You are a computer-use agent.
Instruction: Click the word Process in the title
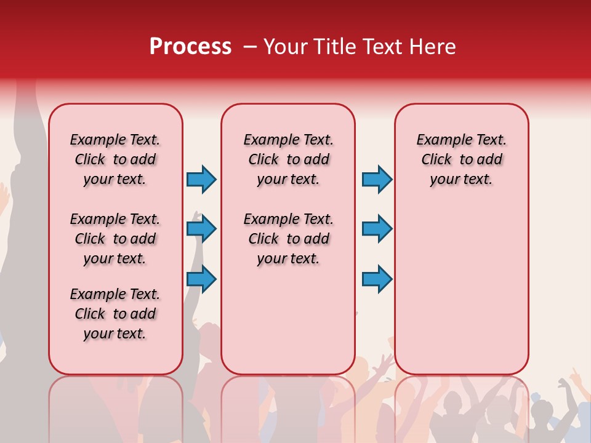click(x=190, y=47)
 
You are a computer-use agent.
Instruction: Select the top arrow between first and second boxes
click(x=201, y=179)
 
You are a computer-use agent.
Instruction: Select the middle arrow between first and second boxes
click(x=201, y=229)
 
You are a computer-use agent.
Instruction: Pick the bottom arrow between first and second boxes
click(x=201, y=279)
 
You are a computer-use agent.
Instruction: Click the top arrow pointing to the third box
click(x=377, y=179)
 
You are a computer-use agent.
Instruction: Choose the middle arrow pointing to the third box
click(x=377, y=229)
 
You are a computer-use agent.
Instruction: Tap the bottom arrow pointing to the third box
click(x=377, y=279)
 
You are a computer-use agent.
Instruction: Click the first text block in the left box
click(x=115, y=159)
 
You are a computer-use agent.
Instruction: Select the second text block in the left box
click(x=115, y=239)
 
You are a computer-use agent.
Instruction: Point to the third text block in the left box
click(x=115, y=314)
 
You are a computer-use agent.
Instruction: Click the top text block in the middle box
click(x=288, y=159)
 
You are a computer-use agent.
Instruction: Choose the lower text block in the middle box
click(x=288, y=239)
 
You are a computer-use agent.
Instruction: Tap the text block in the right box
click(x=461, y=159)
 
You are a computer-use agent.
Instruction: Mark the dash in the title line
click(x=250, y=47)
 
